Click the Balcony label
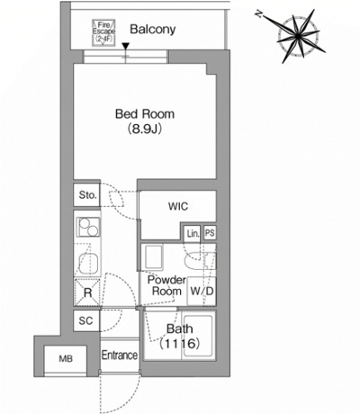point(153,30)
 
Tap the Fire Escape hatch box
point(103,33)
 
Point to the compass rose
point(298,37)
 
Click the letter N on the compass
point(258,13)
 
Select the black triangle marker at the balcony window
point(126,47)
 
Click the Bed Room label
point(145,114)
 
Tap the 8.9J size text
point(145,129)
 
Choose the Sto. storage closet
point(87,195)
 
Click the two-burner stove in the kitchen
point(88,227)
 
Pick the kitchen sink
point(89,264)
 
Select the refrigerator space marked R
point(87,292)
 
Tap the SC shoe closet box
point(86,320)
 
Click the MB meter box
point(66,359)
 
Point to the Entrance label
point(120,355)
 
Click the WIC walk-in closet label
point(178,206)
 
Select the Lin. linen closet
point(193,233)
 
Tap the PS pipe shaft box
point(210,233)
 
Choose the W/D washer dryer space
point(202,291)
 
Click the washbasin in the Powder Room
point(154,257)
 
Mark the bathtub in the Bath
point(198,335)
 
